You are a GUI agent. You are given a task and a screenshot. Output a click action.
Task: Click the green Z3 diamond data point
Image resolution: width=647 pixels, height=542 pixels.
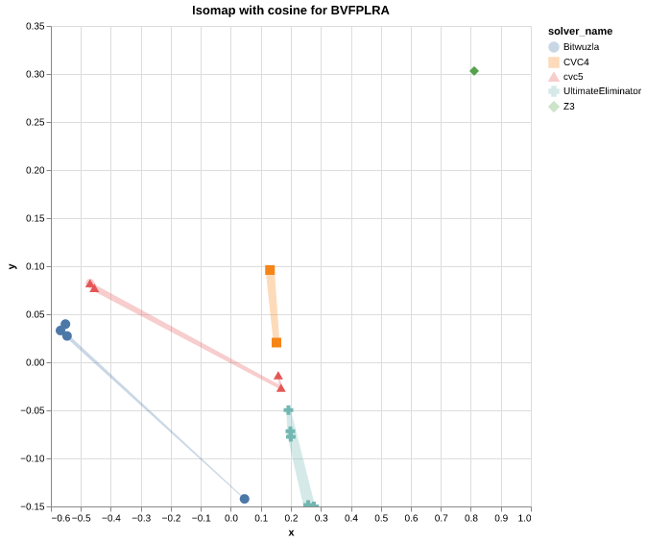pyautogui.click(x=474, y=71)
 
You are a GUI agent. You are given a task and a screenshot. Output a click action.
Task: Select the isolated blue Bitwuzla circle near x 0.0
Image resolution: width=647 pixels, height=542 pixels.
pyautogui.click(x=245, y=499)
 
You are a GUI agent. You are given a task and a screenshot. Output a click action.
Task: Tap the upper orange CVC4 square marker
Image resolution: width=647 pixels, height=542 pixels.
pyautogui.click(x=270, y=270)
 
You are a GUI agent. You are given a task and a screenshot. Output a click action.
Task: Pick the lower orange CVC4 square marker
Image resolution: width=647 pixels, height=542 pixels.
pyautogui.click(x=276, y=342)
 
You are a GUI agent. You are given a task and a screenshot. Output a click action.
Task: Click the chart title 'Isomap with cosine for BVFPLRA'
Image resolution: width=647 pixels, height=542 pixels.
pyautogui.click(x=291, y=11)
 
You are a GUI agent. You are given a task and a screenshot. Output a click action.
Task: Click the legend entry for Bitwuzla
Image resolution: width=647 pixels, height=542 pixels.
pyautogui.click(x=581, y=46)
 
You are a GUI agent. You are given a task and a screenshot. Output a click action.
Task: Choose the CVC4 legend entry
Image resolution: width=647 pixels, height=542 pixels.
pyautogui.click(x=576, y=62)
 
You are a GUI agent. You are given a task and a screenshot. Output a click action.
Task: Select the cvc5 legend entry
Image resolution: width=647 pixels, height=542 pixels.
pyautogui.click(x=572, y=76)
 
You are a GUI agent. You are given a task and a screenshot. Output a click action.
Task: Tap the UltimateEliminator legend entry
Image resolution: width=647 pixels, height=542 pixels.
pyautogui.click(x=602, y=91)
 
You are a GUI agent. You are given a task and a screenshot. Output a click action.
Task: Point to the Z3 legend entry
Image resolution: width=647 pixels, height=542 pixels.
pyautogui.click(x=568, y=106)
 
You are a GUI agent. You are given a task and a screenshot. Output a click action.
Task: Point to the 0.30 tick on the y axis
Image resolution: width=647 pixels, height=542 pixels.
pyautogui.click(x=35, y=74)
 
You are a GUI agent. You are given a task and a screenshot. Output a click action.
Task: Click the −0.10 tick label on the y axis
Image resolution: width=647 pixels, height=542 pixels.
pyautogui.click(x=33, y=458)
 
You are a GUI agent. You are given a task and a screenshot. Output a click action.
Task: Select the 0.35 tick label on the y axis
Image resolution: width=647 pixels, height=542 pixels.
pyautogui.click(x=35, y=26)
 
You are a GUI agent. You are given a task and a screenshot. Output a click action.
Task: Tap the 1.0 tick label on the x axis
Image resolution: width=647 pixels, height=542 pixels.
pyautogui.click(x=524, y=519)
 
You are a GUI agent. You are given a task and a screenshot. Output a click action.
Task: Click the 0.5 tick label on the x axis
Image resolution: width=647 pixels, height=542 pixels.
pyautogui.click(x=381, y=519)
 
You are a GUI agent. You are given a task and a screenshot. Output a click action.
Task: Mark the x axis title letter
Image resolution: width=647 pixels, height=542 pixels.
pyautogui.click(x=291, y=532)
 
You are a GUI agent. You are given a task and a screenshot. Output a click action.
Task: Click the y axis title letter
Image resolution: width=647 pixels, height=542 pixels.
pyautogui.click(x=12, y=266)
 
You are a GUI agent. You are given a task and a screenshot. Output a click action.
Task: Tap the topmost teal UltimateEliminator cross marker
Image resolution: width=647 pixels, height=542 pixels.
pyautogui.click(x=288, y=410)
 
